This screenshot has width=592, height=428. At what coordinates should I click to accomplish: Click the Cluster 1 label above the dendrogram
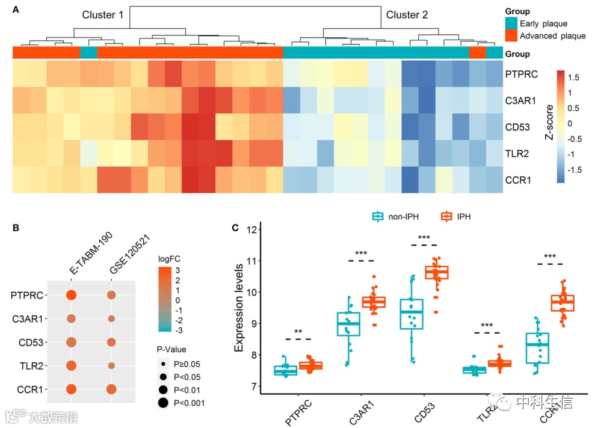coord(103,15)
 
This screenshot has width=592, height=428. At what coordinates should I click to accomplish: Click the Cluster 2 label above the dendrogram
coord(407,15)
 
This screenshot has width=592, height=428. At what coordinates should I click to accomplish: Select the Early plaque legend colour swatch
coord(511,23)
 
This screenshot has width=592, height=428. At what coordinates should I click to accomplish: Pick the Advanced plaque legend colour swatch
coord(511,36)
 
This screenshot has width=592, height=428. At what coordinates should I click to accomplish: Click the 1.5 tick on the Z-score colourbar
coord(573,78)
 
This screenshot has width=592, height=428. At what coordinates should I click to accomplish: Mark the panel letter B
coord(16,228)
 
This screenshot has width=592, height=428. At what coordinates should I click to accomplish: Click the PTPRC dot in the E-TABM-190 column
coord(71,296)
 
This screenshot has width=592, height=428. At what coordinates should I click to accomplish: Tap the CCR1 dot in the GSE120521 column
coord(111,389)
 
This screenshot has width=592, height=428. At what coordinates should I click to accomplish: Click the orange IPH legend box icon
coord(446,216)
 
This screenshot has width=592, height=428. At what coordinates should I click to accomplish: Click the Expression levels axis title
coord(239,307)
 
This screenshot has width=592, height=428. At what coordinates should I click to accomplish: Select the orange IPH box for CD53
coord(437,273)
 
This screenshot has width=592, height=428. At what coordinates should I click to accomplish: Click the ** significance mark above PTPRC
coord(298,332)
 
